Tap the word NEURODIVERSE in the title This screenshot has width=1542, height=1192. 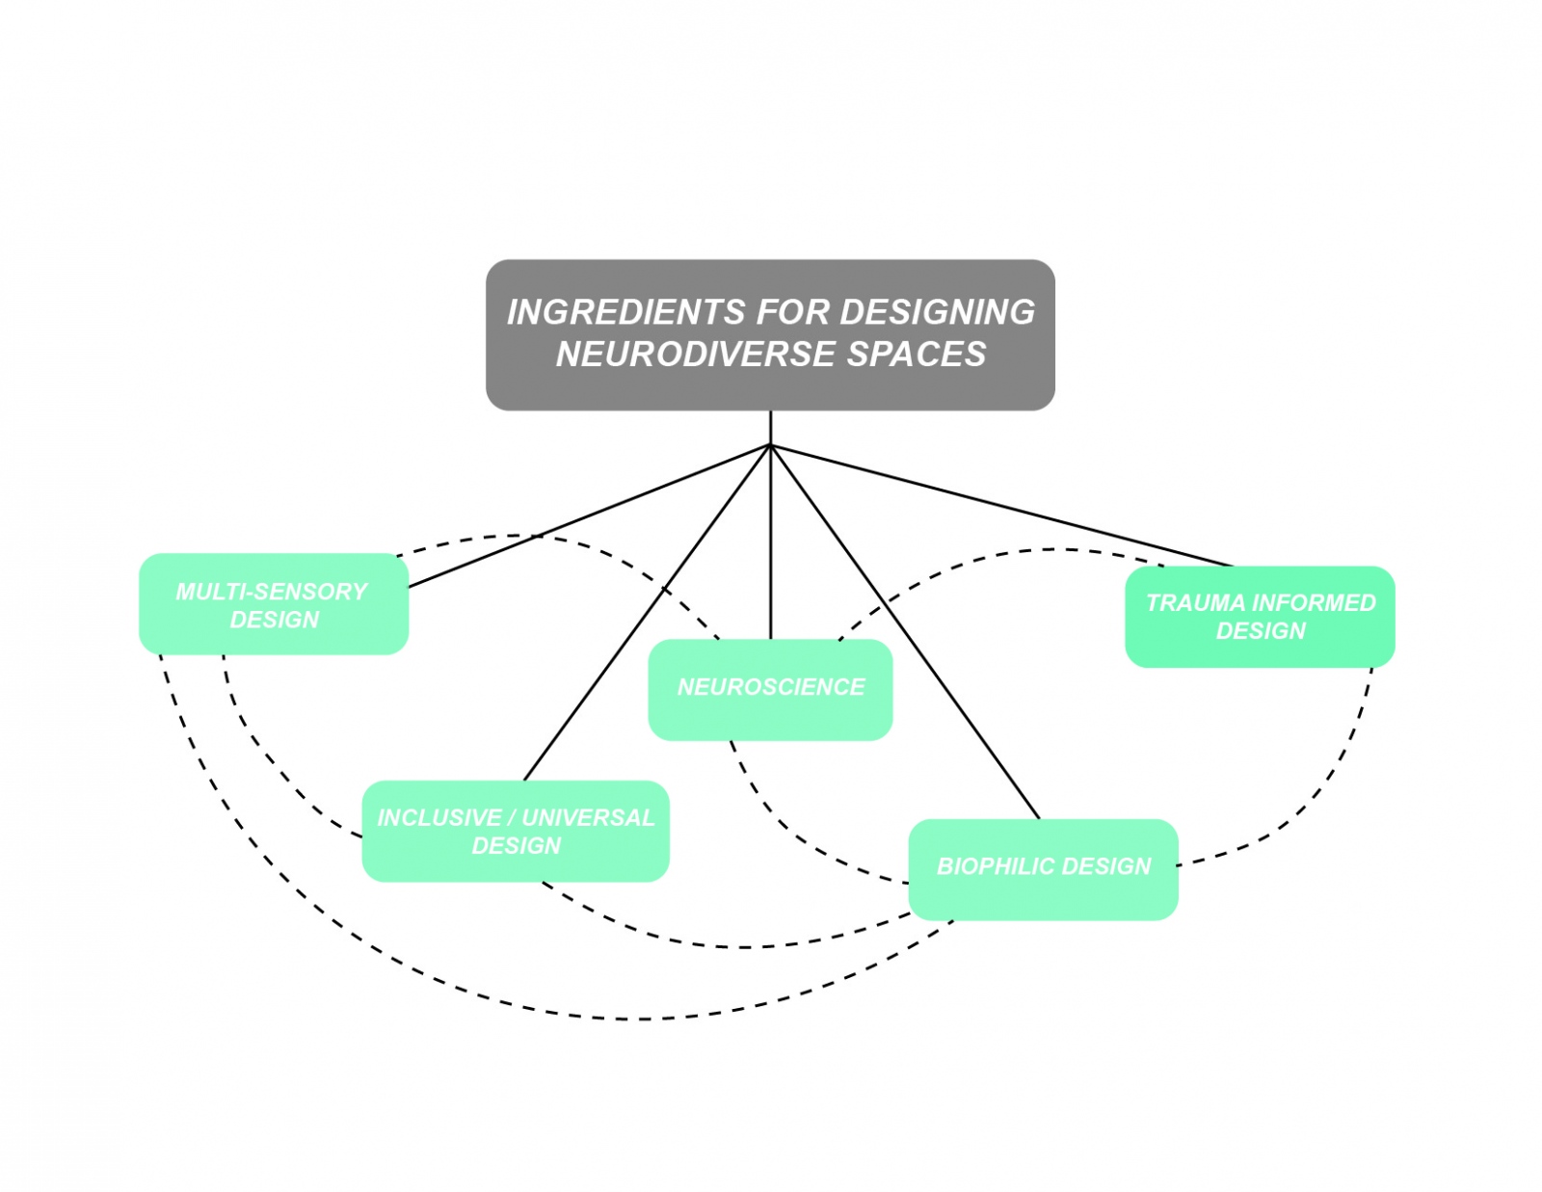point(696,355)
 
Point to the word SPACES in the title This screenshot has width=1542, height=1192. point(917,355)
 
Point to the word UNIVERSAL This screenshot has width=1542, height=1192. point(588,818)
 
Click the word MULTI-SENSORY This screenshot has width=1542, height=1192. point(272,592)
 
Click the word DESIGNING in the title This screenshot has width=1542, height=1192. point(937,312)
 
